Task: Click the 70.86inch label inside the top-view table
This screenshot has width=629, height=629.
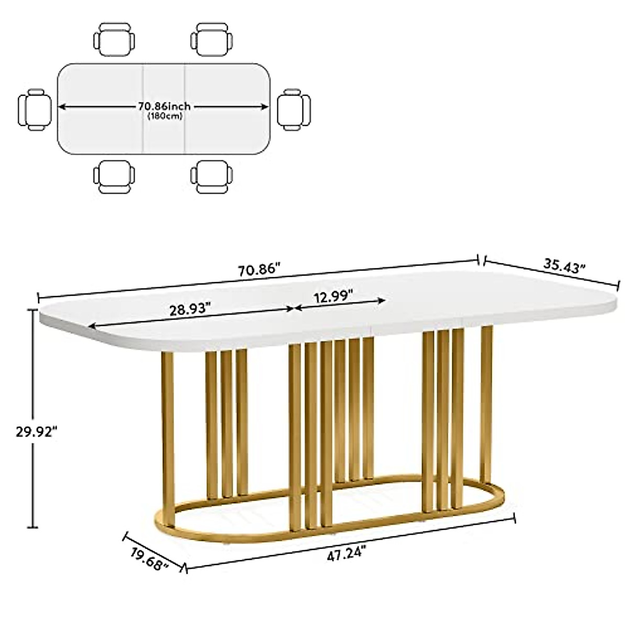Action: (164, 106)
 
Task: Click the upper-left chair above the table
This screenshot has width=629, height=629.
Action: (114, 38)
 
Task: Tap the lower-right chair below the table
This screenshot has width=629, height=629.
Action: (212, 178)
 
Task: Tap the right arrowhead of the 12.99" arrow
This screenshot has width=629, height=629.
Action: (383, 301)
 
